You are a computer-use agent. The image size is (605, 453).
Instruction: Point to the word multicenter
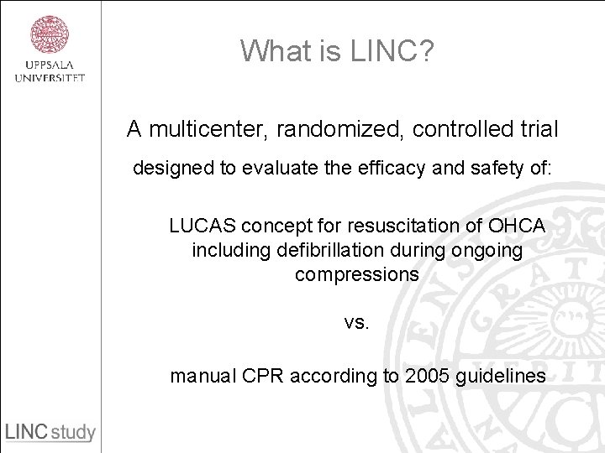point(189,129)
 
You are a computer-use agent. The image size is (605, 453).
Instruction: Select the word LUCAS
point(202,226)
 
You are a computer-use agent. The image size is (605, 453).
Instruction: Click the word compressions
point(357,274)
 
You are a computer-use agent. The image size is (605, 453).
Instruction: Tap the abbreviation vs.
point(356,323)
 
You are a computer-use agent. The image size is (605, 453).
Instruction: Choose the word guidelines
point(500,376)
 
